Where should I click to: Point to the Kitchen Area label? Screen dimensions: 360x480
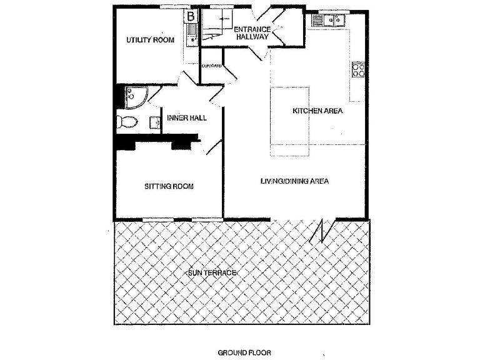[317, 111]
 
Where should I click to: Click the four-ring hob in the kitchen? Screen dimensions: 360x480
[358, 69]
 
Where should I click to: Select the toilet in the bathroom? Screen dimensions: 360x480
[127, 121]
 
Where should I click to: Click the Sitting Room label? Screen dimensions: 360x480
[169, 186]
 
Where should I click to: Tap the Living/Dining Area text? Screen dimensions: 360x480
[294, 181]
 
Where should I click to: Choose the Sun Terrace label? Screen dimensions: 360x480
[211, 273]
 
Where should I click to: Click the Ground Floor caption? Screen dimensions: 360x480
[244, 352]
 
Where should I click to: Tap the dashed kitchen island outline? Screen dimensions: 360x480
[291, 122]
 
